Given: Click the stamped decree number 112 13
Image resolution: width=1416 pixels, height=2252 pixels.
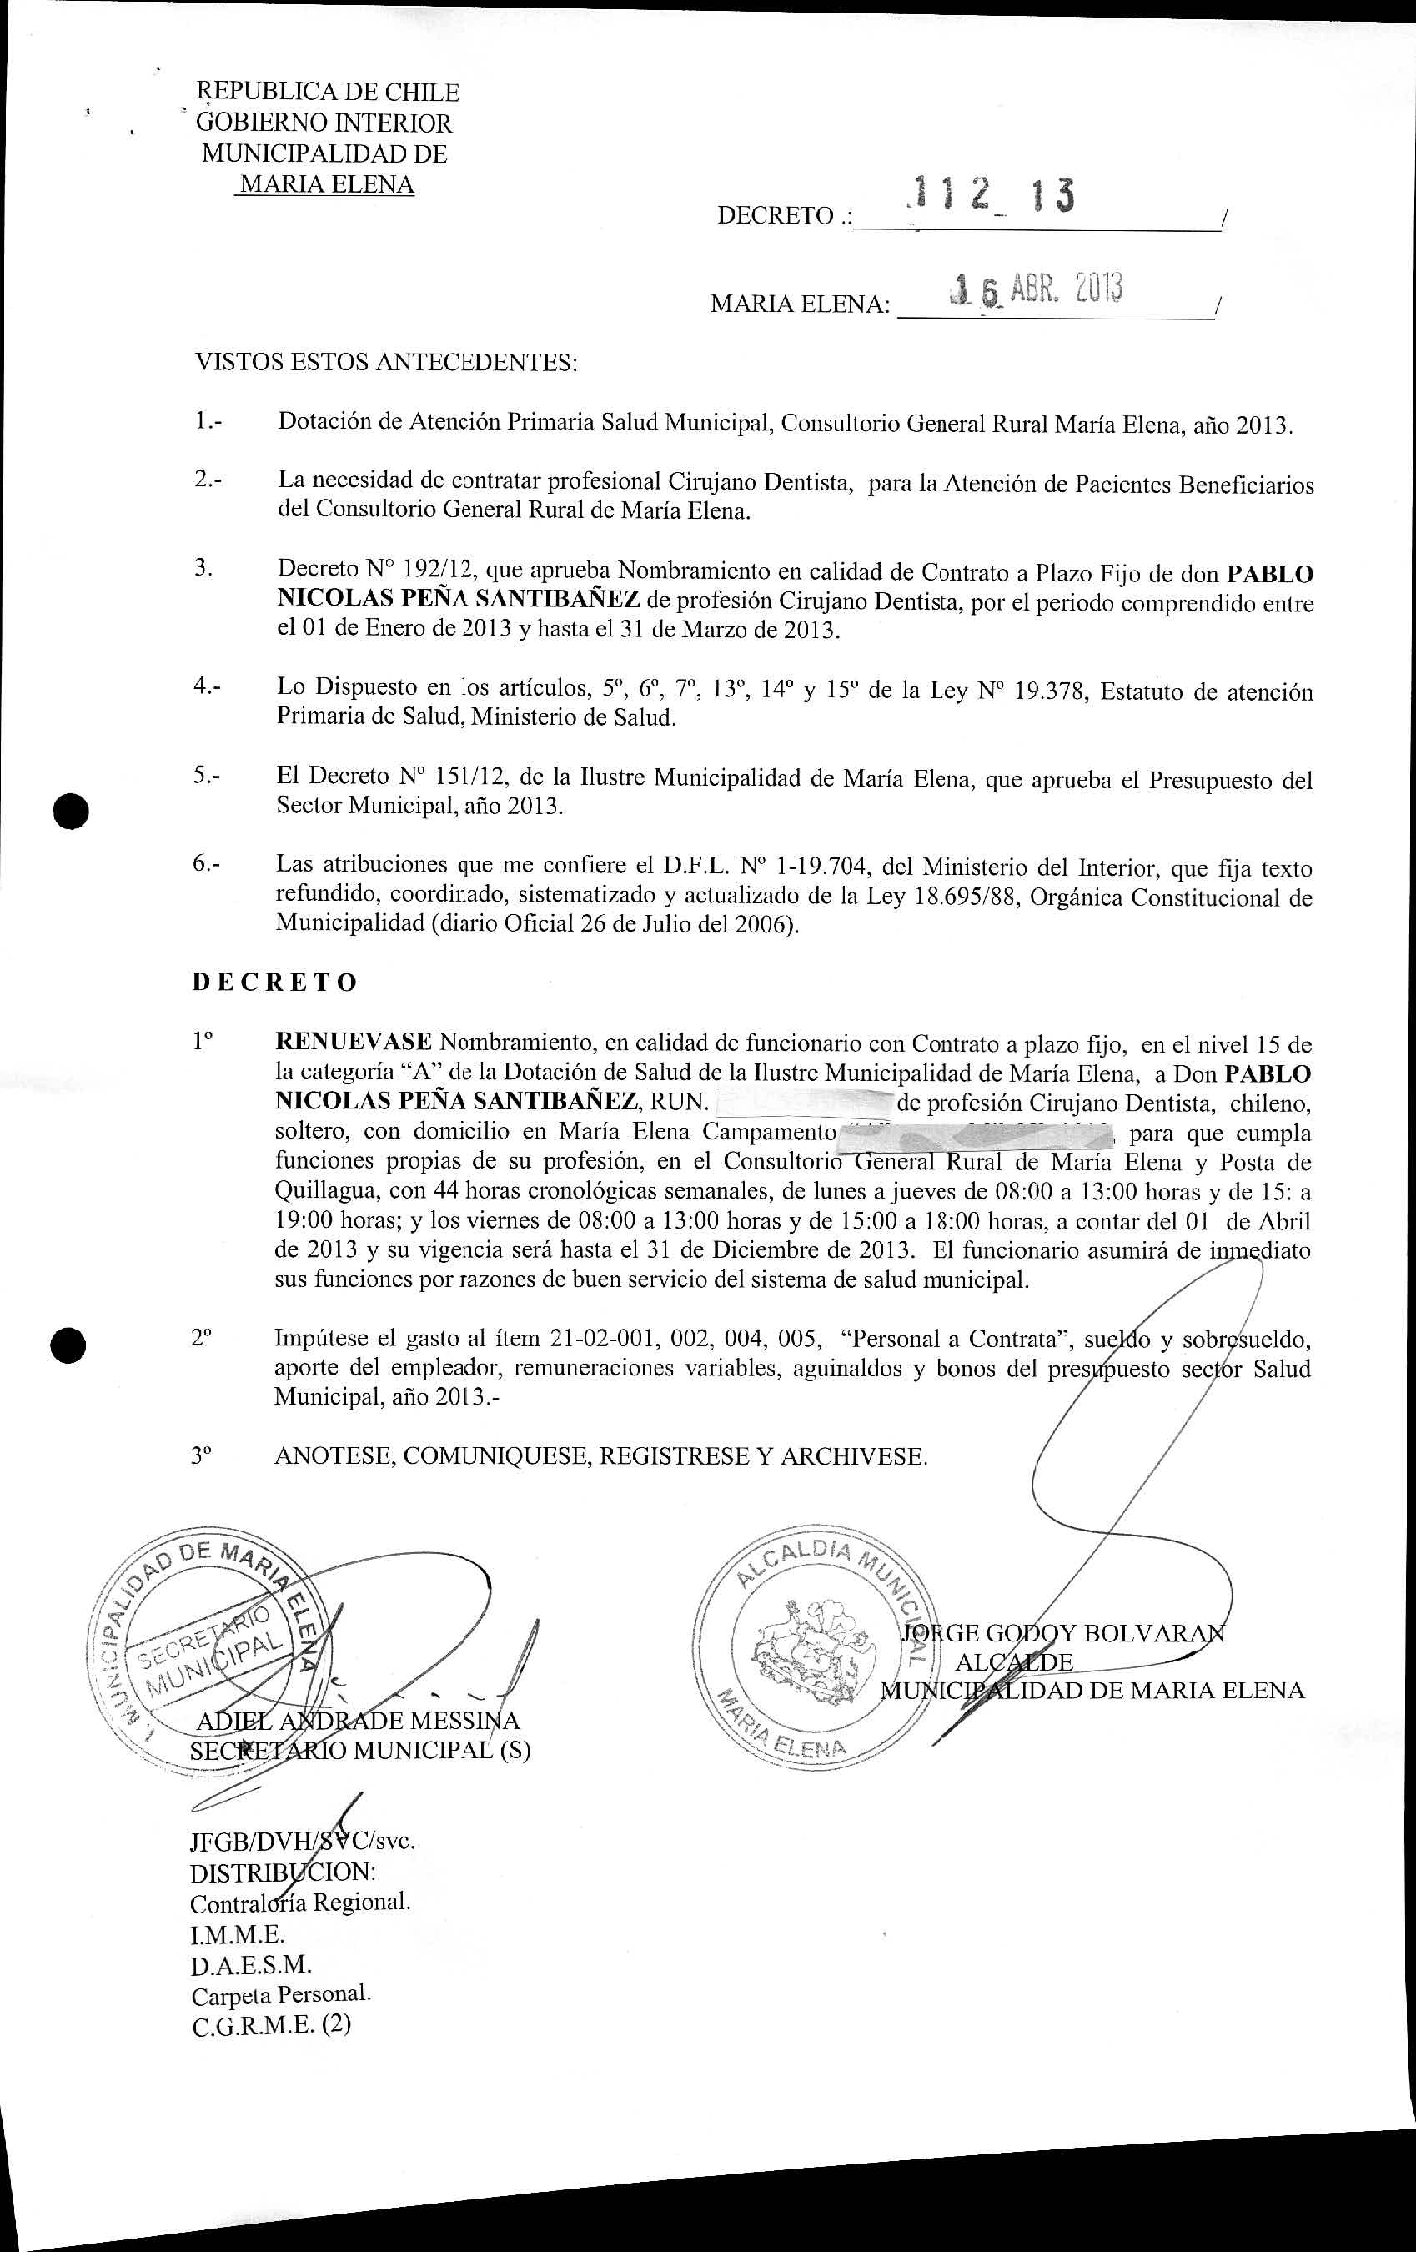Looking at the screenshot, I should [992, 196].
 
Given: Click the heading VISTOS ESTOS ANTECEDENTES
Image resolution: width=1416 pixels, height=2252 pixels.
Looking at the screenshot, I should [385, 363].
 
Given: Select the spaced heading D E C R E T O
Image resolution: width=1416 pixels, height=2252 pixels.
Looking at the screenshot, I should [275, 982].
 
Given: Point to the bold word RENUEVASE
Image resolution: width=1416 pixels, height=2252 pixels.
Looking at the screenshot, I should [353, 1043].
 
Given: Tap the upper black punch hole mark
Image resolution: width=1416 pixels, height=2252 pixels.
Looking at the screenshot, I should [70, 810].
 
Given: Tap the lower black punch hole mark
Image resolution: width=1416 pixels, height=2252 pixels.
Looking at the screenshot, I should [70, 1345].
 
